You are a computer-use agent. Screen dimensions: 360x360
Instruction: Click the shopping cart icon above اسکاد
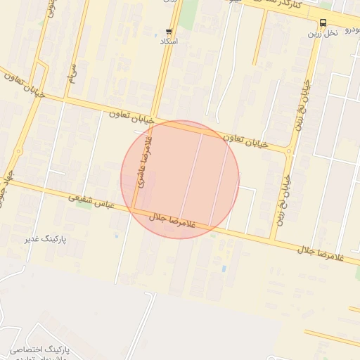[169, 32]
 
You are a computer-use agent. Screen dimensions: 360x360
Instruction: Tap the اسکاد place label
[169, 42]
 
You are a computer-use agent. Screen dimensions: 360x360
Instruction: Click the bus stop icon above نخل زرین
[323, 22]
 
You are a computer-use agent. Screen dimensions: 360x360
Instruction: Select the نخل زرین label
[323, 33]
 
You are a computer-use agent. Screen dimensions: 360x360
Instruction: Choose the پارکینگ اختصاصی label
[37, 349]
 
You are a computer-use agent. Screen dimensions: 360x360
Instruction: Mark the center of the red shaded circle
[180, 179]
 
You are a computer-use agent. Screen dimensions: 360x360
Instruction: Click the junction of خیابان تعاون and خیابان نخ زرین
[289, 149]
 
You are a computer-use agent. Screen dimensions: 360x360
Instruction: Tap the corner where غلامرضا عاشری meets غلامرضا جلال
[133, 210]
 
